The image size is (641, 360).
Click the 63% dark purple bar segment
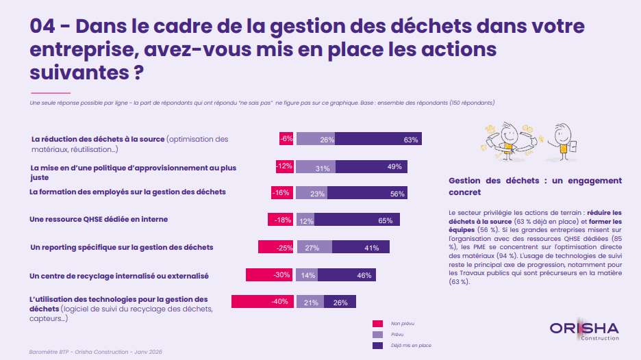point(378,139)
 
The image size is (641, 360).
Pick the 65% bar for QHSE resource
point(357,220)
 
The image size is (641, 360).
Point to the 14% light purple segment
point(307,274)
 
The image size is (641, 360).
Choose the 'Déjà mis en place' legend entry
point(410,346)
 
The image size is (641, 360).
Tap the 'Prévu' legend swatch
point(377,335)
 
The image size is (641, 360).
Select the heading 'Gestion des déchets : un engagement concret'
point(535,186)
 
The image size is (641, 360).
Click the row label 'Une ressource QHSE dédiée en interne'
point(99,220)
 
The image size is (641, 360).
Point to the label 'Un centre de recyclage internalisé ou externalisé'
point(119,275)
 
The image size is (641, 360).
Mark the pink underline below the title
point(50,92)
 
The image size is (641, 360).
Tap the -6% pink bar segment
point(286,139)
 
